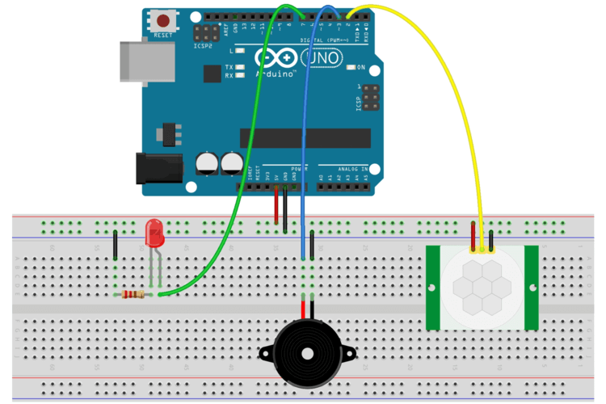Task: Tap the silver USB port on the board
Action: click(x=145, y=61)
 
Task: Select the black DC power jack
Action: click(x=157, y=168)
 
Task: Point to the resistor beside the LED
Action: click(x=134, y=295)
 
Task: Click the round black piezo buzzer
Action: click(x=304, y=351)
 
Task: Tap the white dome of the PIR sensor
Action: click(x=482, y=287)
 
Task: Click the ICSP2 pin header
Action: click(x=205, y=34)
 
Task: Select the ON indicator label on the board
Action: click(x=362, y=67)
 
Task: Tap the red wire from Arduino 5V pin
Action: click(x=276, y=206)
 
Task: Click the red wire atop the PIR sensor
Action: click(x=473, y=234)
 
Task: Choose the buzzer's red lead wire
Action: click(x=303, y=309)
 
